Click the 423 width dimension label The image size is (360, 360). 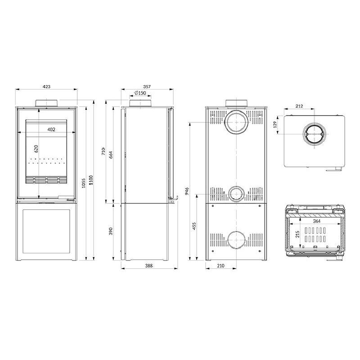point(46,86)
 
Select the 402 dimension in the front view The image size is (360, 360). point(51,130)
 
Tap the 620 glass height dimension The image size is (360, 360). point(36,149)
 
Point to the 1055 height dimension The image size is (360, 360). point(84,183)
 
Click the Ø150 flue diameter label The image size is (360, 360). point(140,93)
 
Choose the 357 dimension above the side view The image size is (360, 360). point(147,86)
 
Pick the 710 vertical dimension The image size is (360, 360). point(103,151)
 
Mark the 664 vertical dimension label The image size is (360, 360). point(111,155)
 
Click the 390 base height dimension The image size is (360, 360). point(111,231)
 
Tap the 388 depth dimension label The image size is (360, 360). point(149,265)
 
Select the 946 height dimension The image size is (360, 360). point(187,191)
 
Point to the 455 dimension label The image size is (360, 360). point(194,226)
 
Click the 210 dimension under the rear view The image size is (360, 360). point(220,265)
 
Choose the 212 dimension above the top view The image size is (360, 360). point(299,106)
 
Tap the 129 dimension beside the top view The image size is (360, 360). point(275,124)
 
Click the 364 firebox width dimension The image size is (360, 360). point(317,221)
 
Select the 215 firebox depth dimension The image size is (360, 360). point(297,234)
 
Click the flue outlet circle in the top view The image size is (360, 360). point(314,134)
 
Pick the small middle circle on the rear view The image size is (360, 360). point(236,194)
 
